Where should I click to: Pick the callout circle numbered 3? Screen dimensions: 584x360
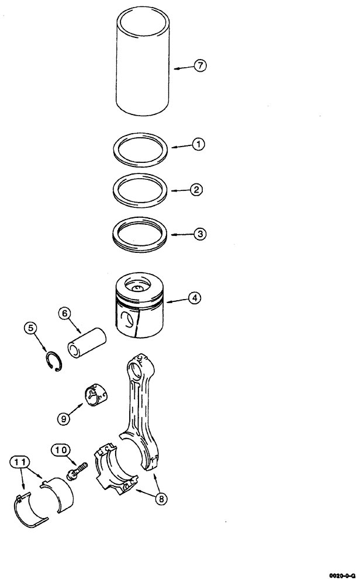click(199, 234)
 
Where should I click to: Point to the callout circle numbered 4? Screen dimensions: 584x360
click(194, 298)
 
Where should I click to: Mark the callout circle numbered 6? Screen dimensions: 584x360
click(65, 314)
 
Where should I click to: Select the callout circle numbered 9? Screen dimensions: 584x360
click(64, 418)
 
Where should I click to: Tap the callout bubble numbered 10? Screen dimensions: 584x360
click(60, 450)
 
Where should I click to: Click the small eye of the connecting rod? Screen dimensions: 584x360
click(139, 366)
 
